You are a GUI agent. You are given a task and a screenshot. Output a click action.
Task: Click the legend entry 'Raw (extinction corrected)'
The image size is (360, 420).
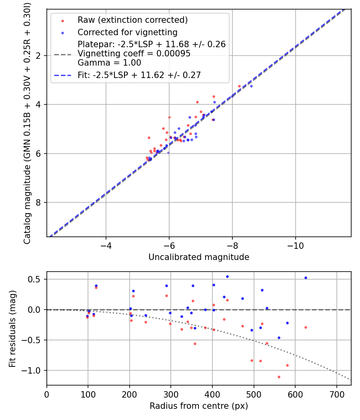point(132,20)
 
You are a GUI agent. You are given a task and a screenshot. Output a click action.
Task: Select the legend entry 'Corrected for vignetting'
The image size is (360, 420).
point(128,32)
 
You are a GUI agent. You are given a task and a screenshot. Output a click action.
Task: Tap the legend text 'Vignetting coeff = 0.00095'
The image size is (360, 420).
point(134,53)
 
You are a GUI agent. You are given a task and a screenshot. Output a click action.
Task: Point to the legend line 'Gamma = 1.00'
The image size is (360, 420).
point(109,62)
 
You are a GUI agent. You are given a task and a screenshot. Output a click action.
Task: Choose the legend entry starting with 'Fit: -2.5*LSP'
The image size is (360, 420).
point(139,75)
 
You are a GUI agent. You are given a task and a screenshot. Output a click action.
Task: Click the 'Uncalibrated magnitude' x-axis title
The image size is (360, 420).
point(199,257)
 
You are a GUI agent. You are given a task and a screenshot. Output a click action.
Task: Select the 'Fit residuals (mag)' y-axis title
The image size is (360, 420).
point(12,329)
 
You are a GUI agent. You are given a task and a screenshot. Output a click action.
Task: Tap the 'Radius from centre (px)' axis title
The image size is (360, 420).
point(199,406)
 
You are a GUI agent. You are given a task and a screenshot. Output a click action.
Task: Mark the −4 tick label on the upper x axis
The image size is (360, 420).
point(106,244)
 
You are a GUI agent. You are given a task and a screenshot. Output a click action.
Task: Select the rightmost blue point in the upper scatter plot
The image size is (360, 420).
point(251,86)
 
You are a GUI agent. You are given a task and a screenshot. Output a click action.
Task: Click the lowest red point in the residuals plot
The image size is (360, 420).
point(279,377)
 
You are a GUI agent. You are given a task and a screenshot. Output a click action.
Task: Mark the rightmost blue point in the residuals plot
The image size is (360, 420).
point(306,278)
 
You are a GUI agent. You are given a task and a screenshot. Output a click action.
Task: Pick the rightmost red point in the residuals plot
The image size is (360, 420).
point(306,327)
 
